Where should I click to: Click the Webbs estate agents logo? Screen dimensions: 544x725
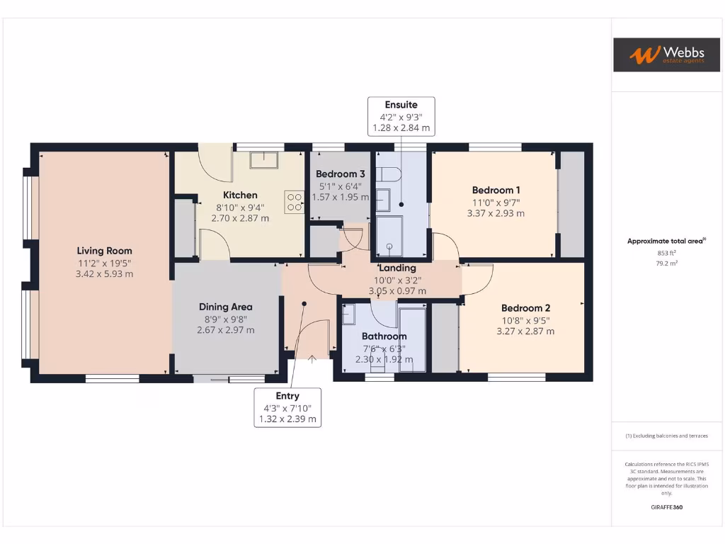click(x=656, y=55)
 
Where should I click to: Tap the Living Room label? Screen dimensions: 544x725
click(x=104, y=251)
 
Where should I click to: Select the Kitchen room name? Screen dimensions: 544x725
click(x=240, y=195)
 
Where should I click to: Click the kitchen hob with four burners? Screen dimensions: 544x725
click(x=295, y=202)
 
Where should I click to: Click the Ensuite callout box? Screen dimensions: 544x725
click(x=401, y=116)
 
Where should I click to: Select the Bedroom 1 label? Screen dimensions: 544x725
click(x=496, y=190)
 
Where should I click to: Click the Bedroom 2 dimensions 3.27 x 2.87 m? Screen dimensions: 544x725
click(x=525, y=331)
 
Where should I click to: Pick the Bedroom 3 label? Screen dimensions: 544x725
click(x=341, y=174)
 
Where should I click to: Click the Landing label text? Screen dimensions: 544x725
click(x=398, y=268)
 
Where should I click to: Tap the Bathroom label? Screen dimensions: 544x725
click(x=384, y=336)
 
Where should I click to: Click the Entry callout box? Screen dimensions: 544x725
click(x=287, y=407)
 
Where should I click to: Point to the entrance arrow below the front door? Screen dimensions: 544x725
click(x=312, y=359)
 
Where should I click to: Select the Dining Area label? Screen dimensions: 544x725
click(x=225, y=307)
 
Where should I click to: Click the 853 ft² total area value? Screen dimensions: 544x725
click(x=666, y=252)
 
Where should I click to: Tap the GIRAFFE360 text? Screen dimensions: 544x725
click(x=666, y=507)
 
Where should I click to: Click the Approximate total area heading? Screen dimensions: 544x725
click(x=666, y=242)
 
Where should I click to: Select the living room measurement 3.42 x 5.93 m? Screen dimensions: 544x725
click(x=104, y=273)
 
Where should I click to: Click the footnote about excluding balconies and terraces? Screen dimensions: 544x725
click(x=666, y=436)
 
